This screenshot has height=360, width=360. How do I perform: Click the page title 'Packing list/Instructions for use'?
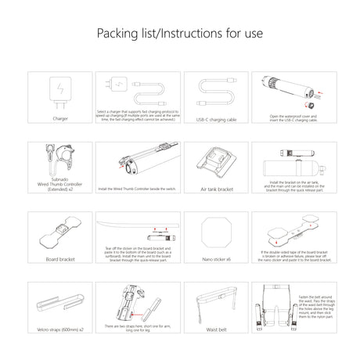tap(179, 34)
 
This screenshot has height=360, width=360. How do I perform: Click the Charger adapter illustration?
tap(60, 92)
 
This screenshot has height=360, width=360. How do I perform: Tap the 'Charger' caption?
tap(60, 120)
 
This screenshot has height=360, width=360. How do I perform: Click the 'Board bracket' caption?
tap(60, 258)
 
